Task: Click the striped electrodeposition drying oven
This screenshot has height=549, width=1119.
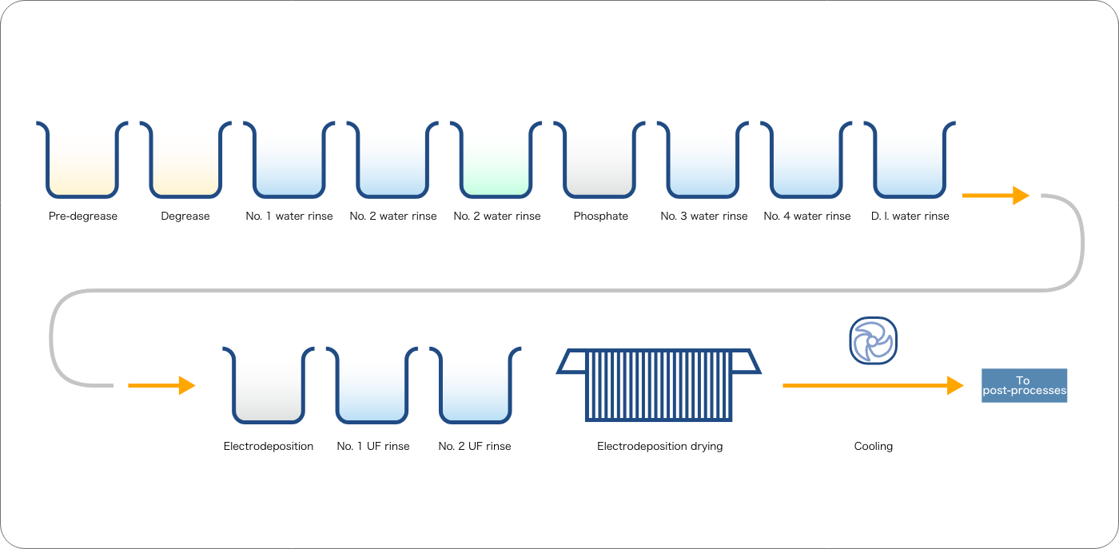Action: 659,384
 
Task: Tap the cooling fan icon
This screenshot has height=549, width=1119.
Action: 873,340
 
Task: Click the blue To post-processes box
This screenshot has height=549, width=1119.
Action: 1024,386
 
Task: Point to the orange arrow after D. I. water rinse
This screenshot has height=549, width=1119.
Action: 996,195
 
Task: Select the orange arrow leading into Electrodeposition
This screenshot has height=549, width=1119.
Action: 161,386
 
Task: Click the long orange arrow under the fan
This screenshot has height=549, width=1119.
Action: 873,386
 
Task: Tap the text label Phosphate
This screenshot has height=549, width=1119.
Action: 600,217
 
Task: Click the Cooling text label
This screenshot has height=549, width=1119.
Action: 873,446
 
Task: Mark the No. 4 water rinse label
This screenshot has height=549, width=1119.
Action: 806,217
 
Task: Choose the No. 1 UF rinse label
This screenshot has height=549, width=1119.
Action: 373,446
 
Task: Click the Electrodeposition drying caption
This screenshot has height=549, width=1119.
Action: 660,447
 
